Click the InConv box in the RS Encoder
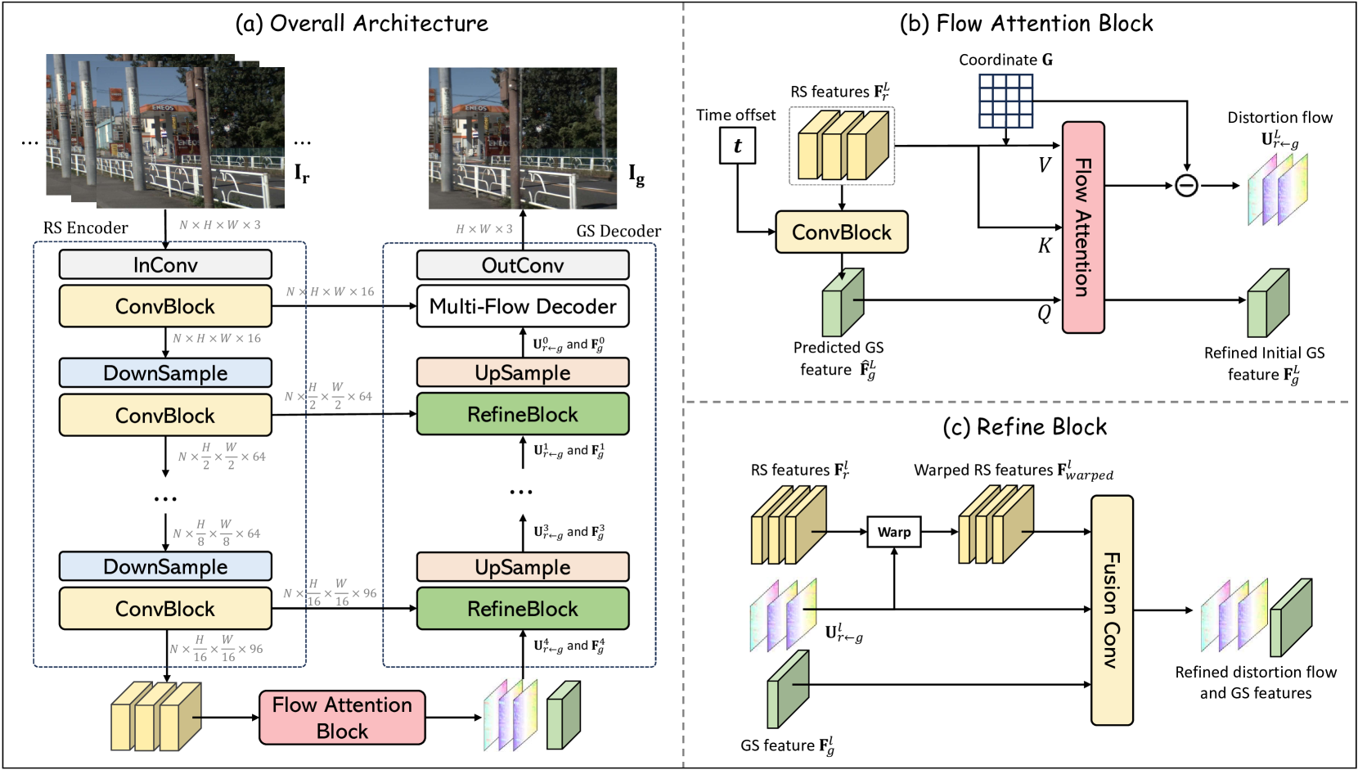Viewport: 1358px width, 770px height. point(165,264)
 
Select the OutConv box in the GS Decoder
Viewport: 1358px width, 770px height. point(523,265)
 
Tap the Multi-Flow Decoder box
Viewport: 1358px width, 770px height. point(523,306)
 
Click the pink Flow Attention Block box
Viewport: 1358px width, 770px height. point(342,718)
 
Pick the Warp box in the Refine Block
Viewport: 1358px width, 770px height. point(894,532)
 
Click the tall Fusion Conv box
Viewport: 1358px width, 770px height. point(1112,610)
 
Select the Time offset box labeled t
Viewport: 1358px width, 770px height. point(737,146)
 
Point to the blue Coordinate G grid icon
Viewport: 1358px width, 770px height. point(1006,101)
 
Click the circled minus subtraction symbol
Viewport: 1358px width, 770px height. point(1186,186)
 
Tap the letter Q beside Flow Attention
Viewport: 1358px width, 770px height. point(1044,313)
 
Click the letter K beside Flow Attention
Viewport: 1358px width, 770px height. point(1045,245)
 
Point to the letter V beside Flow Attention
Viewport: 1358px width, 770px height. point(1044,164)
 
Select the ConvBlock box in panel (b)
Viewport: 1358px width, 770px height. point(841,232)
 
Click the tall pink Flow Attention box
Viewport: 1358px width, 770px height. point(1083,227)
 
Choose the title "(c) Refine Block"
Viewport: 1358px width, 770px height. point(1024,427)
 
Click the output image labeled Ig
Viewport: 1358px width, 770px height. point(523,138)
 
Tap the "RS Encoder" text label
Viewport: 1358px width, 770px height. point(86,228)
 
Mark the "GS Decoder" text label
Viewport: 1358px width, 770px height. point(618,232)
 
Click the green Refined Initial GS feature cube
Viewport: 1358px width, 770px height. point(1267,304)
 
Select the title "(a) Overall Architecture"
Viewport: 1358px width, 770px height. point(362,24)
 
